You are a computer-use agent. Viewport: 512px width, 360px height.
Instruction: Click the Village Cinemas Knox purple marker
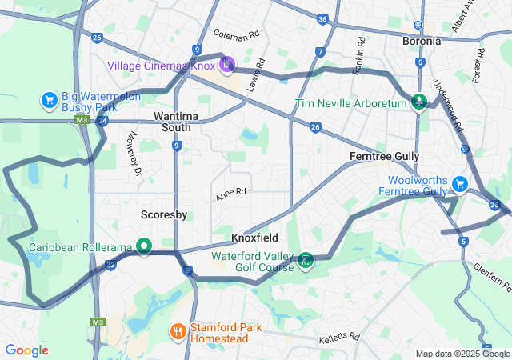point(226,63)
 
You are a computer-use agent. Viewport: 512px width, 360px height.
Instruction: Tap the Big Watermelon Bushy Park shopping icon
point(49,101)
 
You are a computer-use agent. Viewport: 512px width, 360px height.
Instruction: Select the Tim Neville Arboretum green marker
point(418,101)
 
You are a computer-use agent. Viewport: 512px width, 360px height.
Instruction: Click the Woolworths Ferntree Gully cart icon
point(459,184)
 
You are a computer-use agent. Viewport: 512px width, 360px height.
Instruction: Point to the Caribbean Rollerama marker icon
point(144,246)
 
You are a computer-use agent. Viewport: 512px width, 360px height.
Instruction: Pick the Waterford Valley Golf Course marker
point(305,260)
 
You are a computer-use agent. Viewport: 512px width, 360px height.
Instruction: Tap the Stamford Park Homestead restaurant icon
point(178,330)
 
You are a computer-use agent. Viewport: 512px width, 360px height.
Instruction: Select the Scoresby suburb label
point(164,214)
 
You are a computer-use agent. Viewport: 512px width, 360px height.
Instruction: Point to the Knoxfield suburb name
point(254,238)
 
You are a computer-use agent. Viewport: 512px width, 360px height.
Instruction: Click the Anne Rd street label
point(230,194)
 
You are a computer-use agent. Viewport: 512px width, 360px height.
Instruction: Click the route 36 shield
point(322,19)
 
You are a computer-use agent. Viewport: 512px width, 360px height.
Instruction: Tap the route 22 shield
point(111,265)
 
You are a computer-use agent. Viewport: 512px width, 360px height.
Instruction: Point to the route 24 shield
point(102,121)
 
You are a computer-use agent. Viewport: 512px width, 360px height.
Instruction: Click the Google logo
point(26,350)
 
